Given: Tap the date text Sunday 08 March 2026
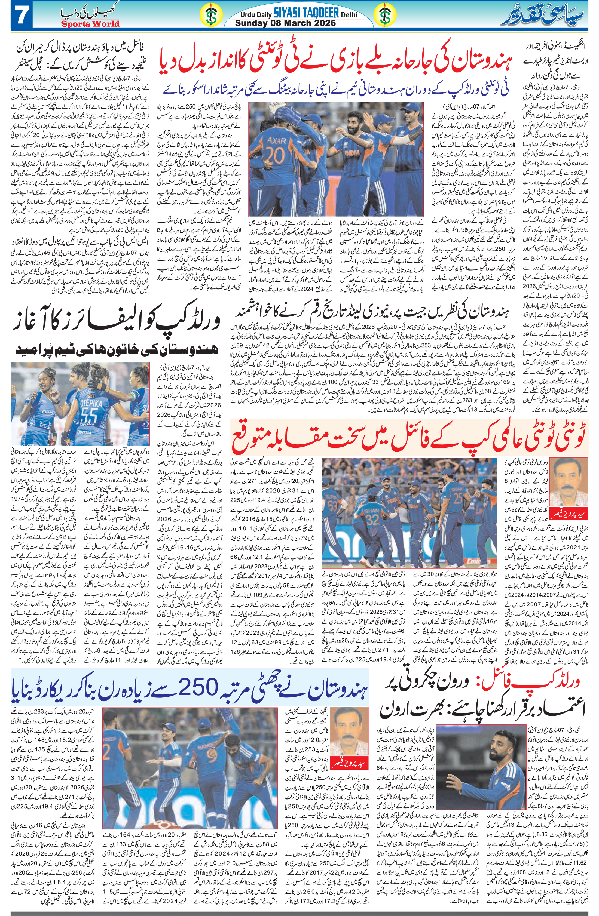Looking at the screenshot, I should (x=285, y=23).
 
